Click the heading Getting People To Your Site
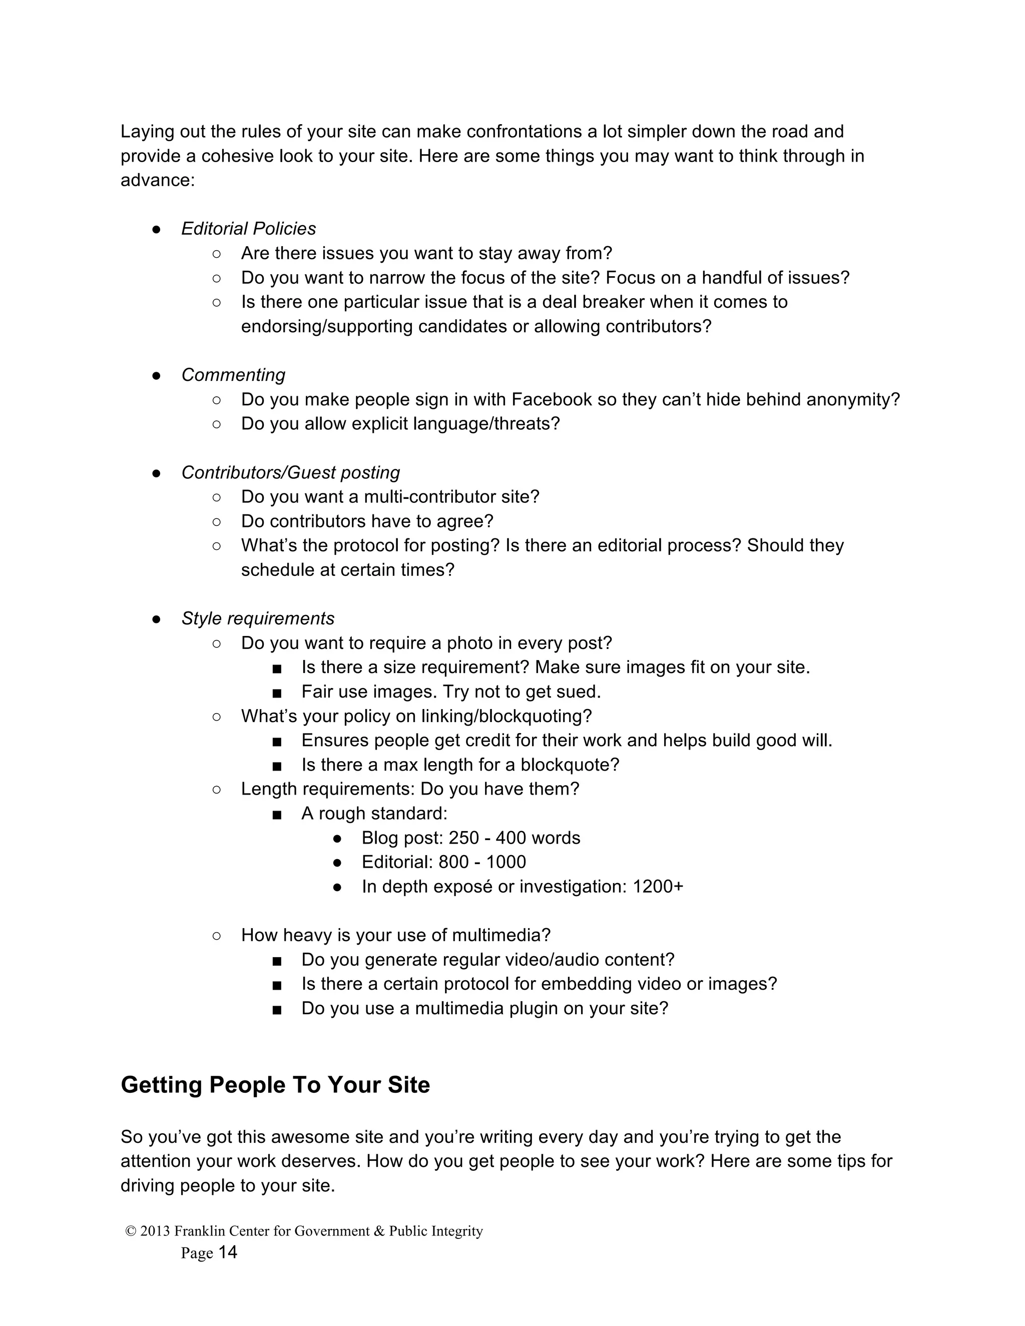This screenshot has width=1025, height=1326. (275, 1085)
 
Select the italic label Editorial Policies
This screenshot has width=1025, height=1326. (248, 229)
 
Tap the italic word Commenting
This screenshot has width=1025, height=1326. (233, 375)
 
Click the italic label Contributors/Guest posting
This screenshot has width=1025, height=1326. (290, 472)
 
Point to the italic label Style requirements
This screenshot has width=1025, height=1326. (257, 618)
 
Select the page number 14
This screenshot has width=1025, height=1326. (227, 1252)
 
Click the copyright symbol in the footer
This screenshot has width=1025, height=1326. (131, 1231)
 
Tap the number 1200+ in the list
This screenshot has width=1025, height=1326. (658, 887)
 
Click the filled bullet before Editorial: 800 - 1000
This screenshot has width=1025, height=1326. (338, 863)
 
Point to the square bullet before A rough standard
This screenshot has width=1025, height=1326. (277, 814)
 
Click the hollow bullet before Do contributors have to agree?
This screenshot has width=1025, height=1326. (217, 521)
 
